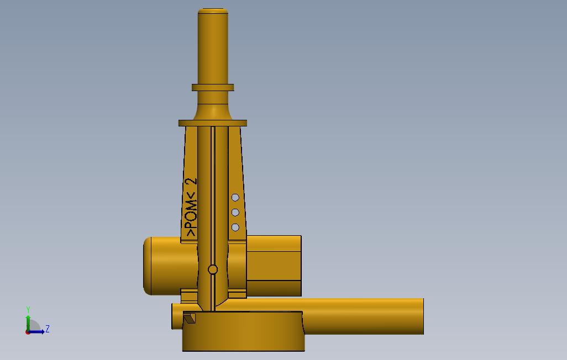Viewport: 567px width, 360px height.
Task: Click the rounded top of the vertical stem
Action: [x=213, y=11]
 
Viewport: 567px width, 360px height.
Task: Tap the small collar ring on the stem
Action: [x=213, y=87]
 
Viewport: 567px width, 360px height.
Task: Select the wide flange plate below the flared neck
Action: [x=213, y=123]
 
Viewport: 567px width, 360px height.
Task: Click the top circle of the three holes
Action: [x=235, y=198]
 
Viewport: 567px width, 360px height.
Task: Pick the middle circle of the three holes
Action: [x=235, y=213]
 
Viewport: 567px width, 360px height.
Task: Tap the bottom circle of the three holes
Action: [x=235, y=227]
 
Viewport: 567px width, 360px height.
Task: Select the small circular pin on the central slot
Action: [x=213, y=269]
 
